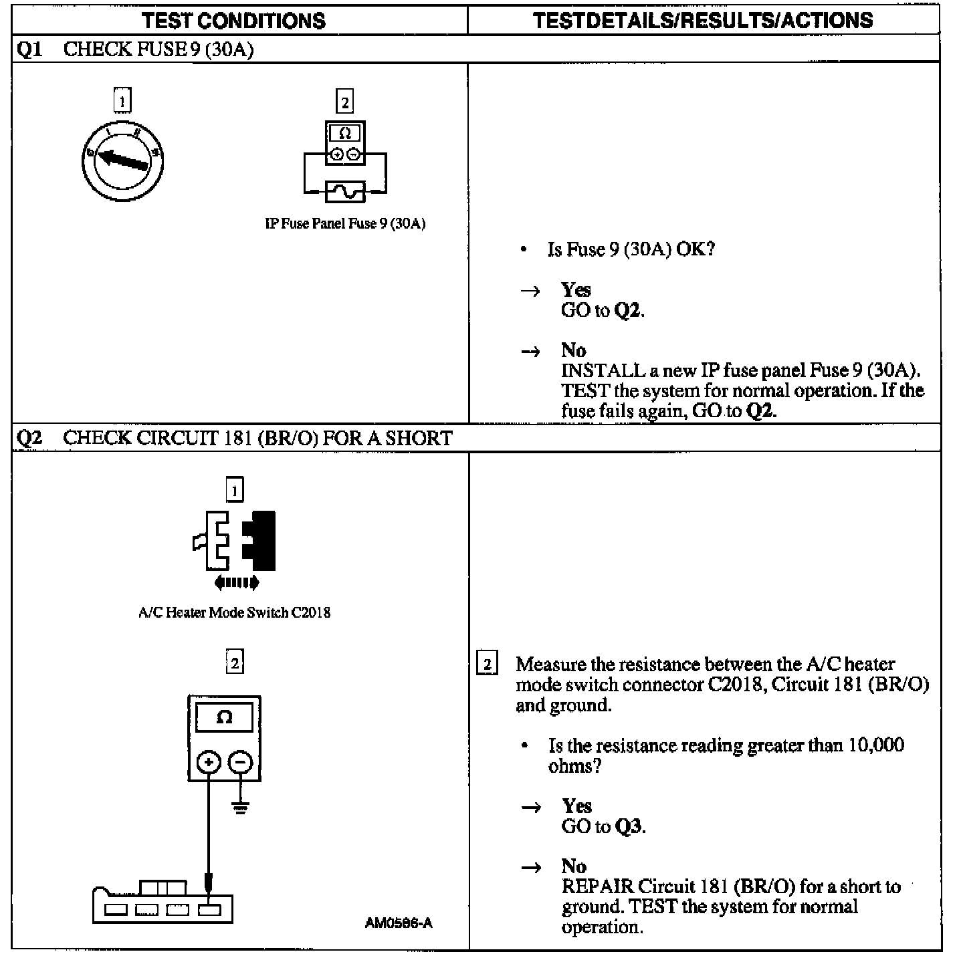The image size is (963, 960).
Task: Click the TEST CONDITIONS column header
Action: point(233,21)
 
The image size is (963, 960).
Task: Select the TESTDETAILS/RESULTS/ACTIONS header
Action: point(703,21)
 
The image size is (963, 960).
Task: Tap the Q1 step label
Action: point(29,50)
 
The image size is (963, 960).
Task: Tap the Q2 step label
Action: point(29,439)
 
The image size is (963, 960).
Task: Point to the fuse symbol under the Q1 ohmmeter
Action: point(344,192)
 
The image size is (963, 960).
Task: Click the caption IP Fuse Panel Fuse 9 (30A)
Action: point(345,224)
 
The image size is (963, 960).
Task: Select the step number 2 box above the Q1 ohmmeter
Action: point(344,102)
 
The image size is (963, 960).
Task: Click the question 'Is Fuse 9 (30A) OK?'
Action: point(631,249)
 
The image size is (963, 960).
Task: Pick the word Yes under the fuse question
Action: point(576,289)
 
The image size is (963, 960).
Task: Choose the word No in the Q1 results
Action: point(574,350)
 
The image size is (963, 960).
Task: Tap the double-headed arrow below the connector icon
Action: point(236,583)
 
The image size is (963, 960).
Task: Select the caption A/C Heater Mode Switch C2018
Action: point(234,612)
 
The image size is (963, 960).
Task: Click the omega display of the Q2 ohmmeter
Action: point(224,718)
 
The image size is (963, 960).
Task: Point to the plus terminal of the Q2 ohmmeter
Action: point(209,762)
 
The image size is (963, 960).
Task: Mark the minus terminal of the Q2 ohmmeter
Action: point(241,762)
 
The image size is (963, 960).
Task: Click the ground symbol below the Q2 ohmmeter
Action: point(241,807)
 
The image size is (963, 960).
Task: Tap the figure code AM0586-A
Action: point(399,923)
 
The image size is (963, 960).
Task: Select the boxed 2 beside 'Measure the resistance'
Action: point(487,665)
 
